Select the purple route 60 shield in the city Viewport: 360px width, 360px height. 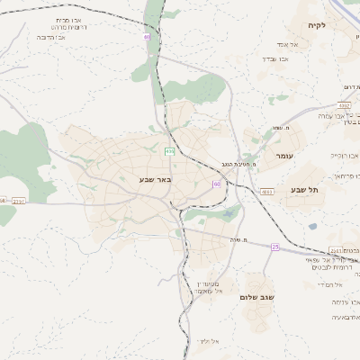tap(215, 184)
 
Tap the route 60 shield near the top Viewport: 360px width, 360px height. tap(146, 37)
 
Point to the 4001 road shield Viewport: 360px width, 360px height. tap(267, 192)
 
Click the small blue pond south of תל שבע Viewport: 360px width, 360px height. tap(312, 227)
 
